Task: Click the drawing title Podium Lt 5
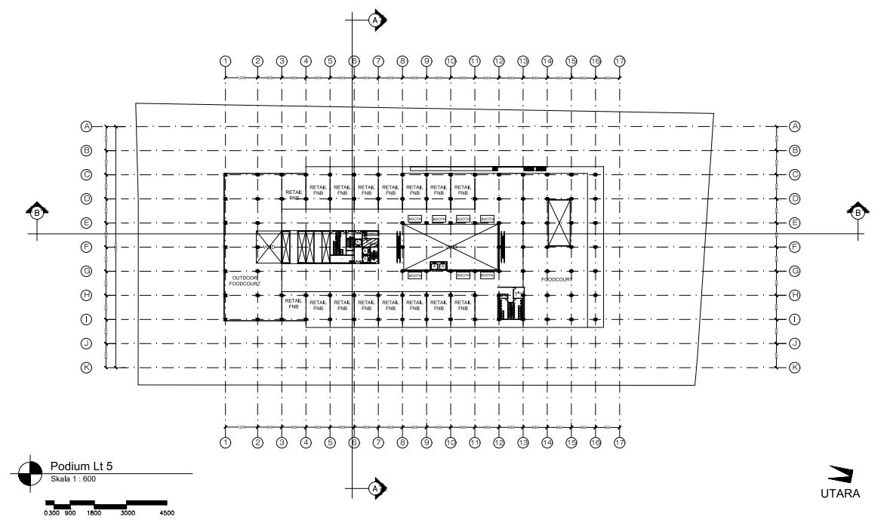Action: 81,466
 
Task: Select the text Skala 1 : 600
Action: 73,478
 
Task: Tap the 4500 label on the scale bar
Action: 167,513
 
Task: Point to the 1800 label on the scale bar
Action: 94,513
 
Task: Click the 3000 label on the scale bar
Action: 128,513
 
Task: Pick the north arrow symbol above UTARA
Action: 840,474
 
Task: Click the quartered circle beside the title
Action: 30,473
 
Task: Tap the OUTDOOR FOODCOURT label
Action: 245,281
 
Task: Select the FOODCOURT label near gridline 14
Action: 557,279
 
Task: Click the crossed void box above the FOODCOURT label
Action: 560,223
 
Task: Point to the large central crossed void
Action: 451,247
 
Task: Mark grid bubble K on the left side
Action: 87,368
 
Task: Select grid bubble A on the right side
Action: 794,126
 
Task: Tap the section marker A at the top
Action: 375,20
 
